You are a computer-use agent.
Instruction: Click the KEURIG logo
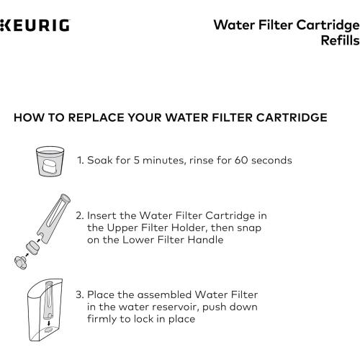(35, 26)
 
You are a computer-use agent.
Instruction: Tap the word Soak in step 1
(102, 160)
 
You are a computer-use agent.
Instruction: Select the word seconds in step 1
(271, 160)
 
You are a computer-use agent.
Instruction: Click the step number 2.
(81, 215)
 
